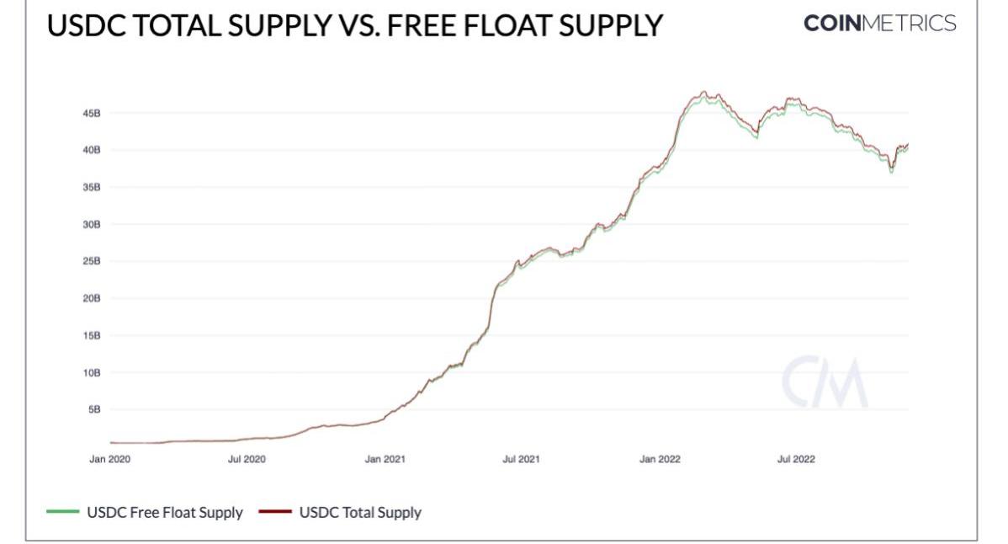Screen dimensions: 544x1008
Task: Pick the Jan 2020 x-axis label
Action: pos(109,460)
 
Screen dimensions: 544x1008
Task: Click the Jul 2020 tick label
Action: pos(247,460)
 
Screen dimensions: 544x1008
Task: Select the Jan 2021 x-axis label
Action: pos(385,460)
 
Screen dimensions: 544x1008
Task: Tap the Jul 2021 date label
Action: pos(521,460)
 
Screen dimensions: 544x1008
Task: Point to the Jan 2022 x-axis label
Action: pos(660,460)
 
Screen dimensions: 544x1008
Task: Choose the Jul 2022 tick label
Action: pos(795,460)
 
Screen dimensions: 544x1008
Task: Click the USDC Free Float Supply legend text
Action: pos(165,512)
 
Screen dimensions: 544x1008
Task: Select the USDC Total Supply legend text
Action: pos(361,512)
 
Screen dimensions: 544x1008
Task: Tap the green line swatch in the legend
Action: pos(63,512)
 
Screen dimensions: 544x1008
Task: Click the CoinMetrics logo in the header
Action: pos(880,24)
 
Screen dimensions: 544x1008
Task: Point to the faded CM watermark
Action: pos(825,383)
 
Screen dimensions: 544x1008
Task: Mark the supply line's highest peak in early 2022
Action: pos(704,92)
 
